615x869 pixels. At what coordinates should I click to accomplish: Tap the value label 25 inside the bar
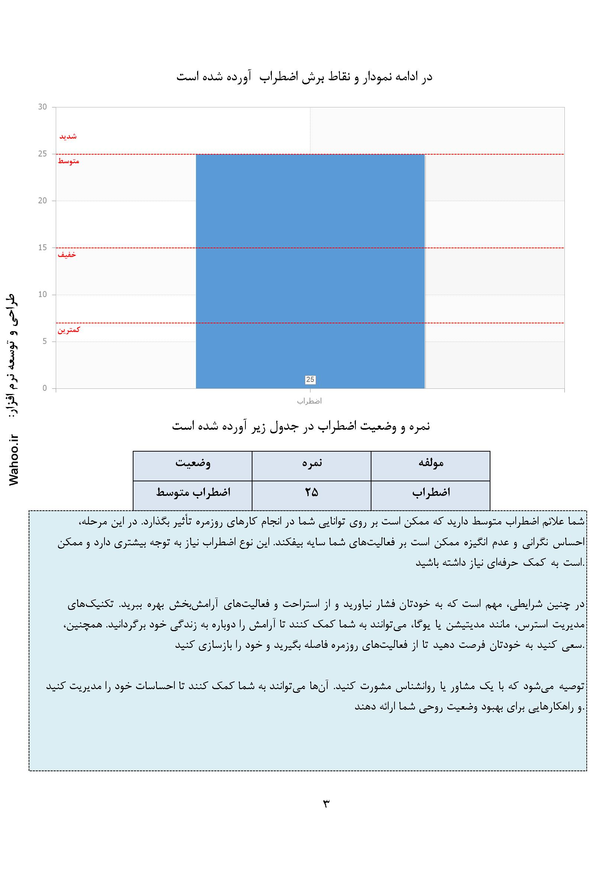click(310, 379)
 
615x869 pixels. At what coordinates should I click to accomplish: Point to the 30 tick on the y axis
click(42, 107)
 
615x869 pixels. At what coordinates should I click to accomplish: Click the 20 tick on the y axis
click(42, 201)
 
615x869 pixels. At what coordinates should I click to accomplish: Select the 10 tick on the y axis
click(42, 295)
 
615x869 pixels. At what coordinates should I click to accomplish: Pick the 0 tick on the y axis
click(45, 388)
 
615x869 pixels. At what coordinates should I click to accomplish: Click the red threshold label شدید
click(68, 137)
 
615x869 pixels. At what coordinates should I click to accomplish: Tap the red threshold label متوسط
click(68, 162)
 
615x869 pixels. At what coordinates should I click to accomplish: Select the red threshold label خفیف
click(67, 255)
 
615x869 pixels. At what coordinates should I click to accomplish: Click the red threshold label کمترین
click(69, 330)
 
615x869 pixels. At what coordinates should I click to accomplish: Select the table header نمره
click(312, 463)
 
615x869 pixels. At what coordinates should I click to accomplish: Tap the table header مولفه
click(431, 463)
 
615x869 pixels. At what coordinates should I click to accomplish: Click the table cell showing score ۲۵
click(312, 492)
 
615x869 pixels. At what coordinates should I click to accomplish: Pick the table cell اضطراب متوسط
click(193, 492)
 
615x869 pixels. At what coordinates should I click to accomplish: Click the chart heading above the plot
click(305, 77)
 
